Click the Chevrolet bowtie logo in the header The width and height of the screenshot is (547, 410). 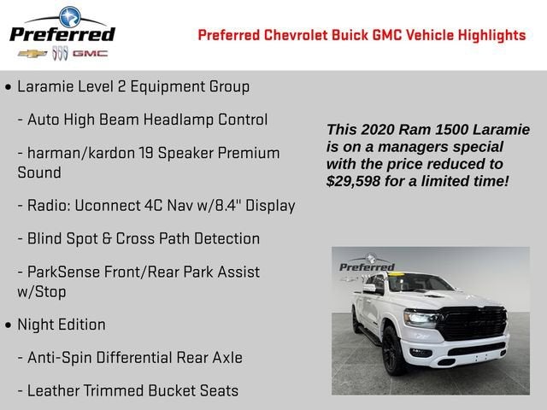[32, 53]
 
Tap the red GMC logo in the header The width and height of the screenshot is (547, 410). [90, 53]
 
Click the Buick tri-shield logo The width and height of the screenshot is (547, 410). [60, 53]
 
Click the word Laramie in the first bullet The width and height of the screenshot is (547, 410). [46, 87]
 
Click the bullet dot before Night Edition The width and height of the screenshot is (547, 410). [9, 325]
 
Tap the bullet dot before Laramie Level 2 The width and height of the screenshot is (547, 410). [9, 88]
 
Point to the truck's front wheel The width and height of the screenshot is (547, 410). [393, 351]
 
